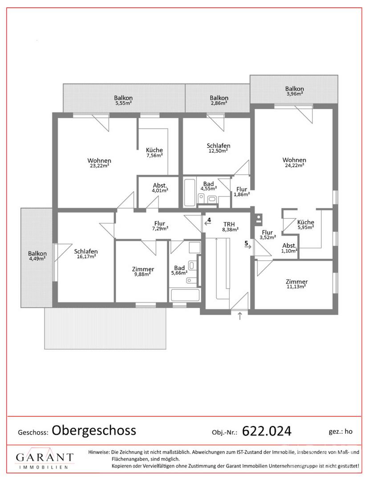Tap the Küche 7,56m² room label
(154, 152)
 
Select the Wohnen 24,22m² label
(294, 163)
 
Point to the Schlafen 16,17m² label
(86, 254)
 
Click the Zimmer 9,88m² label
(143, 272)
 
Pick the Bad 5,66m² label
(179, 270)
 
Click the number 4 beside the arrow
(209, 220)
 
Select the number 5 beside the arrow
(246, 244)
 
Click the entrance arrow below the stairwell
(239, 316)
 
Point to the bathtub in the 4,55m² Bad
(190, 192)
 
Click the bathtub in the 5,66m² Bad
(185, 295)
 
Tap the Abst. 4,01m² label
(160, 188)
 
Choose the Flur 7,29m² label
(160, 226)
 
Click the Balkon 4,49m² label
(37, 256)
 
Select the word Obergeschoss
(94, 430)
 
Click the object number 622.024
(267, 431)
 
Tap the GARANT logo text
(45, 457)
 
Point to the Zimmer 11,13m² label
(297, 284)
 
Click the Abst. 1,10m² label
(290, 248)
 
